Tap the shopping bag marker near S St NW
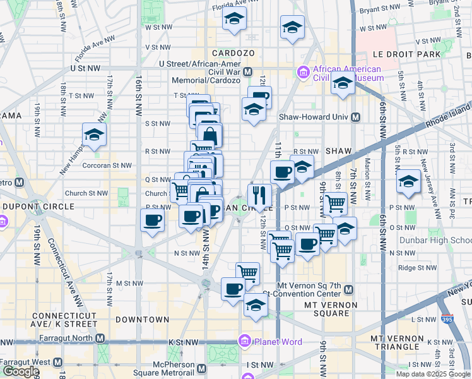click(x=209, y=134)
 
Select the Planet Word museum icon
click(x=245, y=342)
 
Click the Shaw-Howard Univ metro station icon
click(x=356, y=117)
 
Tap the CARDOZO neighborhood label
click(x=233, y=52)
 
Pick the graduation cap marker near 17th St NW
click(x=95, y=134)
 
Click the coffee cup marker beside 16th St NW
click(x=152, y=220)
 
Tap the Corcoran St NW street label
click(x=109, y=165)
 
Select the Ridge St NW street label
click(x=418, y=268)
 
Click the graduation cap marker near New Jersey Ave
click(x=408, y=181)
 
